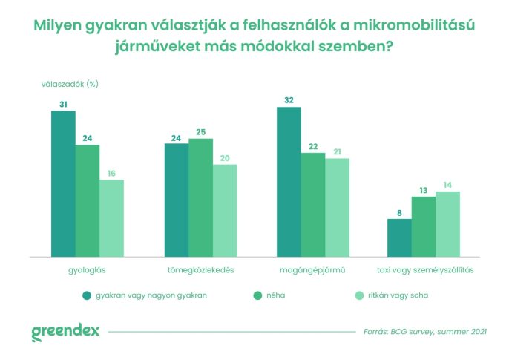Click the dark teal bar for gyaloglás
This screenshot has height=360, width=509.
point(63,183)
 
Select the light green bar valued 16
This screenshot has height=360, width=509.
point(111,218)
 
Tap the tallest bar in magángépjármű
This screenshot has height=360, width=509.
point(289,182)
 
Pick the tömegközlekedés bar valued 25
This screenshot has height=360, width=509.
point(200,197)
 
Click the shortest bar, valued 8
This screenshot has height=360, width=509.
point(399,238)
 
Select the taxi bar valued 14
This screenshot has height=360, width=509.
point(447,224)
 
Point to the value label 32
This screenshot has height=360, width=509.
point(289,99)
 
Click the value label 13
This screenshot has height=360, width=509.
point(423,189)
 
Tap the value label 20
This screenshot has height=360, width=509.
point(224,157)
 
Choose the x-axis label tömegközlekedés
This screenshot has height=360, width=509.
point(200,270)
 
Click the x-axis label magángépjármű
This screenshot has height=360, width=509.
point(312,270)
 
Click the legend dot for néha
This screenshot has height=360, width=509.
point(257,295)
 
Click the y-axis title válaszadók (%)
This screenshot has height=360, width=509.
point(70,84)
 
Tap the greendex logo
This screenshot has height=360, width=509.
point(65,332)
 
